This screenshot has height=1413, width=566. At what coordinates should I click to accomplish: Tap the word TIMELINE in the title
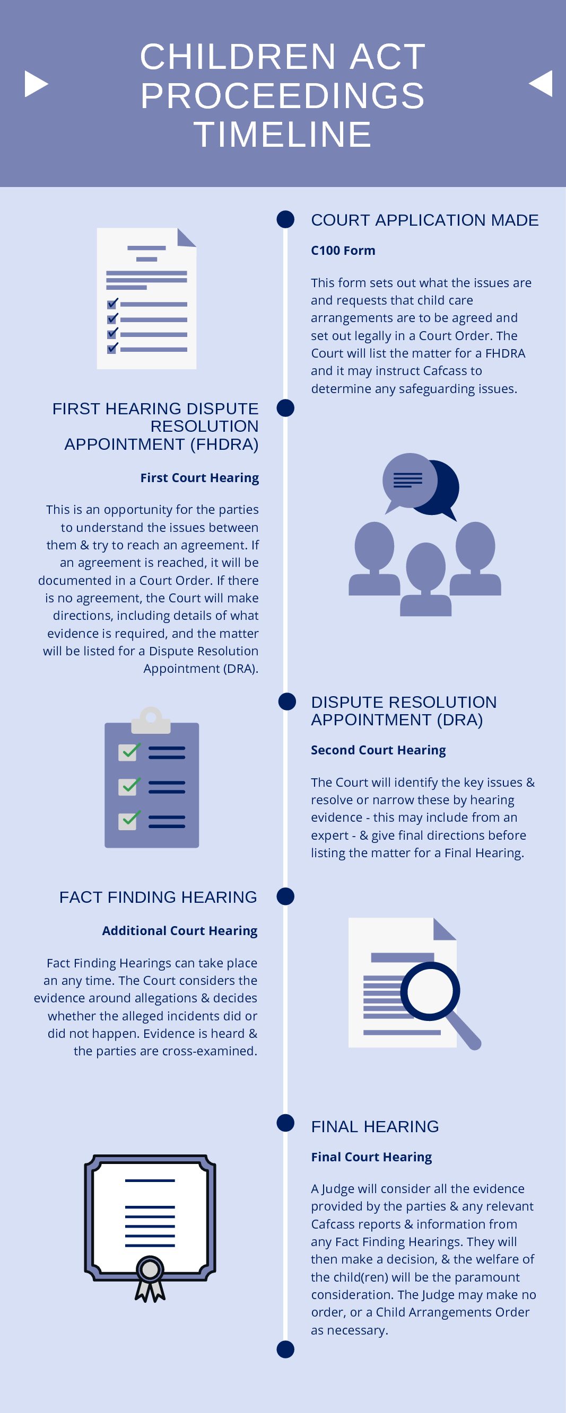click(283, 135)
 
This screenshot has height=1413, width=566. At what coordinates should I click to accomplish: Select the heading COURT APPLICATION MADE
click(424, 220)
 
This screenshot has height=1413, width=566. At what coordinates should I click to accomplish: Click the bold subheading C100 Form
click(343, 251)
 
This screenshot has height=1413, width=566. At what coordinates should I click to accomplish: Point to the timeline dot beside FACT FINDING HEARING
click(285, 896)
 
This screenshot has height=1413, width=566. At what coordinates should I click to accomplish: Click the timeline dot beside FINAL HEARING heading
click(285, 1123)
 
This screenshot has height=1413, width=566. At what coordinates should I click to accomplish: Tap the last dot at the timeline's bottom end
click(285, 1349)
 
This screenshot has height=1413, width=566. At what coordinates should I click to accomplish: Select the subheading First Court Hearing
click(199, 478)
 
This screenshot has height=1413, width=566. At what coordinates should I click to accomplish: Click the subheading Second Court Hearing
click(378, 750)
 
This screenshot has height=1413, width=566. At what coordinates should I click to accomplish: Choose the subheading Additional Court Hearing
click(179, 931)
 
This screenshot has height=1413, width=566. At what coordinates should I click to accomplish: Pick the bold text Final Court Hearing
click(371, 1157)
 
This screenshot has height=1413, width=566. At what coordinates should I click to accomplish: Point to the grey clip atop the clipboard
click(151, 719)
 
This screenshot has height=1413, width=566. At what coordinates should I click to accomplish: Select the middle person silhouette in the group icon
click(425, 579)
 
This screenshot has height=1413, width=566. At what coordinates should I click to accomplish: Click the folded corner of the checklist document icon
click(187, 237)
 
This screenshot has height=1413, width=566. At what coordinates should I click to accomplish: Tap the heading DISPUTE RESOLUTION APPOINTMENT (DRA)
click(404, 711)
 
